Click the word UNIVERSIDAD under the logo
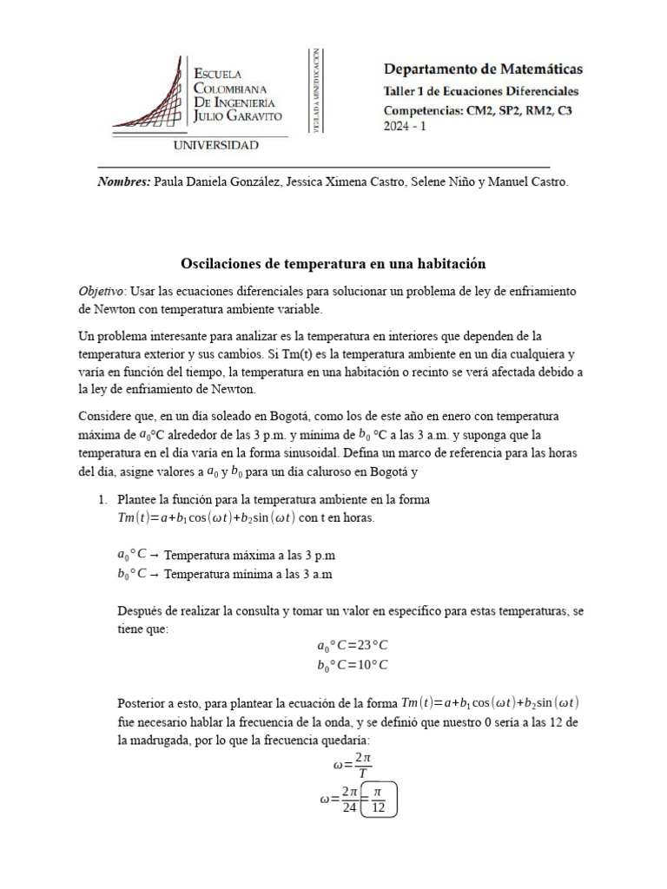[x=215, y=146]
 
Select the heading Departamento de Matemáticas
[x=483, y=69]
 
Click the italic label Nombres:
[x=123, y=181]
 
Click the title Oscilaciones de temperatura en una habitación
[x=333, y=262]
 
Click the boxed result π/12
[x=376, y=799]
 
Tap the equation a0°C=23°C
[x=352, y=645]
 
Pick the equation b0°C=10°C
[x=352, y=665]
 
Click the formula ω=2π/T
[x=352, y=765]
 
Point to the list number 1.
[x=101, y=500]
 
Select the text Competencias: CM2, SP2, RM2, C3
[x=478, y=110]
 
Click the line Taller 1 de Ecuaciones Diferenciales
[x=480, y=91]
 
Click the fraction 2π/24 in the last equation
[x=349, y=799]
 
